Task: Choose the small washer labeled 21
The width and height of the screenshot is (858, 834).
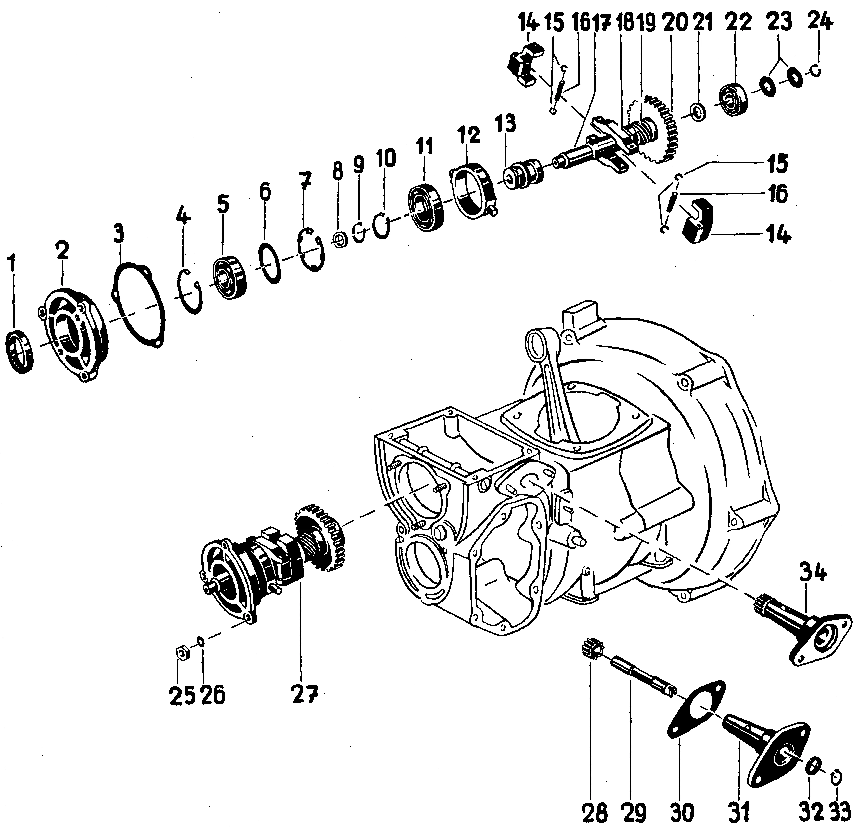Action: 698,111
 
